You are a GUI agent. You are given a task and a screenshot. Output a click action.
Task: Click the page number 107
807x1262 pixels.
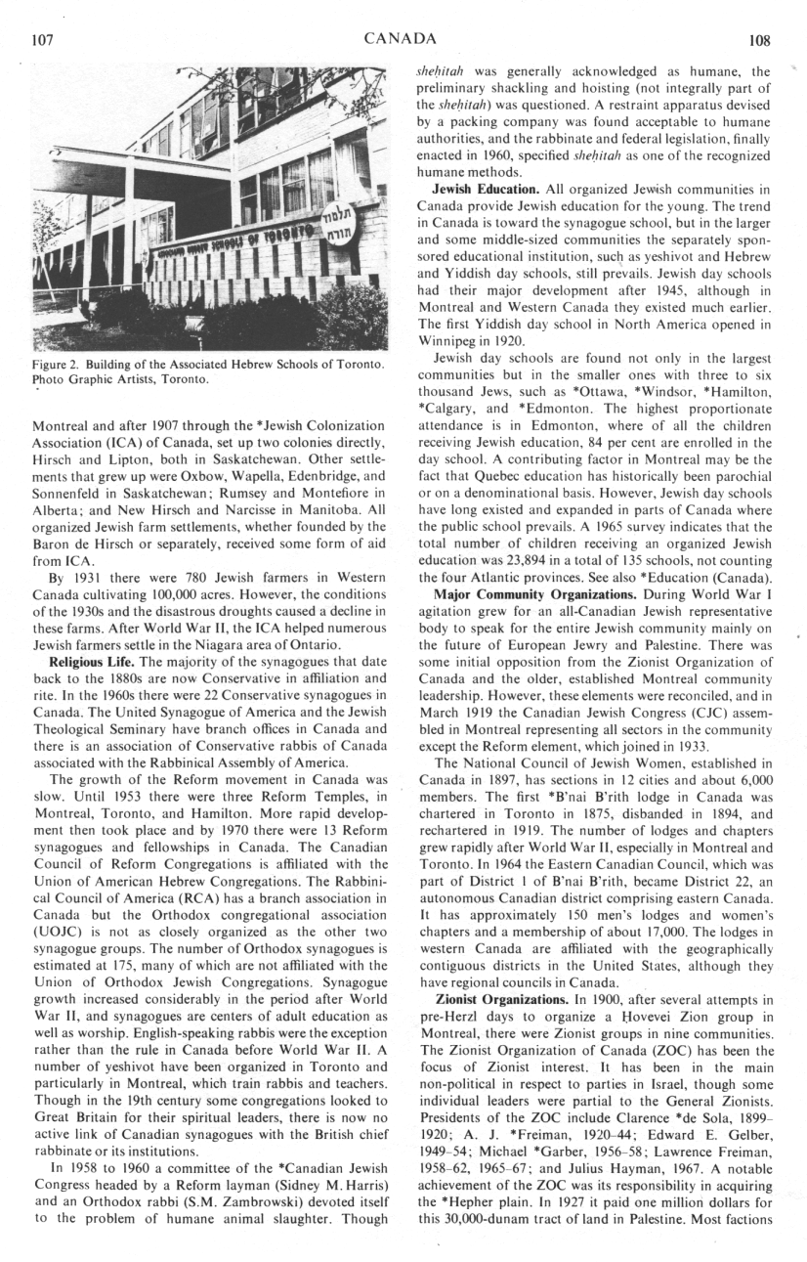coord(41,41)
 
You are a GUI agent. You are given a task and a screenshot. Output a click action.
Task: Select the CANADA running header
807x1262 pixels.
coord(400,40)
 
